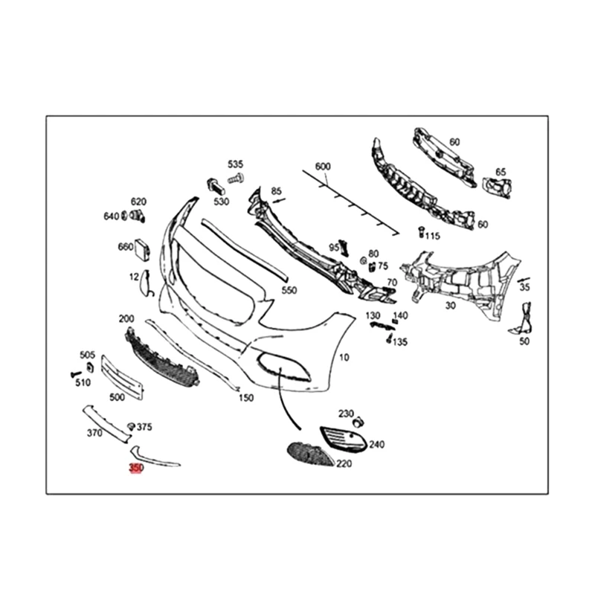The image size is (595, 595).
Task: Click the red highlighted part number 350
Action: (135, 468)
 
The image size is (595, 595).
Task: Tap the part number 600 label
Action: (322, 166)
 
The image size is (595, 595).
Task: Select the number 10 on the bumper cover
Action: (344, 358)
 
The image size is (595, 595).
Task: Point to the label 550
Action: (289, 290)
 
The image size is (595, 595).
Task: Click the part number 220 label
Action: (344, 463)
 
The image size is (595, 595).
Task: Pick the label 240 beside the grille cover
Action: (376, 445)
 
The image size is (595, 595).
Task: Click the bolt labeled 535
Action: (237, 178)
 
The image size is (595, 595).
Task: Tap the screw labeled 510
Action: (75, 372)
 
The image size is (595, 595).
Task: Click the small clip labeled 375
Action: (131, 426)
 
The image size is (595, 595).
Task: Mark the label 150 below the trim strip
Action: (245, 398)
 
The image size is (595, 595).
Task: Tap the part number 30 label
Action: (451, 305)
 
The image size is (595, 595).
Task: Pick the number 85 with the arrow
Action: (277, 191)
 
